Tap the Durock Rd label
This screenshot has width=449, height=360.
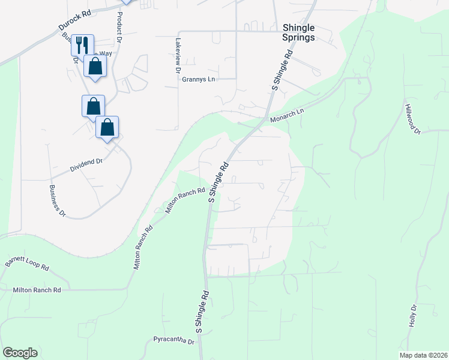74,20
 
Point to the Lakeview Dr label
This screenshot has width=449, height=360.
178,56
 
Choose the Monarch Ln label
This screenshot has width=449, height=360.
288,112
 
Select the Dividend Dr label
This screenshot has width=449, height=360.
87,162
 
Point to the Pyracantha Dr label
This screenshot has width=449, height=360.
174,341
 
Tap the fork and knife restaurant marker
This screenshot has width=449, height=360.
82,44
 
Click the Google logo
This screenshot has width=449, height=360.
20,352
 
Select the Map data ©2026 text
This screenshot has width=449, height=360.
423,355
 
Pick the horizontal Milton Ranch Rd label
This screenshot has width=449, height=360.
37,290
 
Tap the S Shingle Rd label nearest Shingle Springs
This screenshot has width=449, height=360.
282,71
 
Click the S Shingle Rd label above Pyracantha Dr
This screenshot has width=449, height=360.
202,312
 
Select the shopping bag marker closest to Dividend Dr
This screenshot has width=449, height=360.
107,127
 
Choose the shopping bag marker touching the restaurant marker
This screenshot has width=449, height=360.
95,65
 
